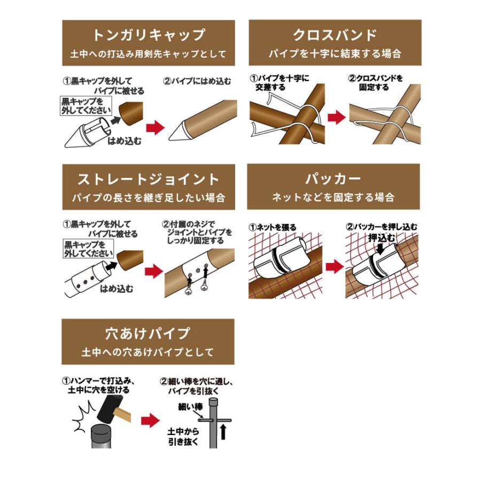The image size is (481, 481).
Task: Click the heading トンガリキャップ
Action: tap(149, 35)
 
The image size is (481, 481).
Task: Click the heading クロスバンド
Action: tap(335, 35)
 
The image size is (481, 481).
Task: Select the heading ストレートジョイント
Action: tap(149, 179)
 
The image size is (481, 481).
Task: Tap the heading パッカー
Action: tap(333, 179)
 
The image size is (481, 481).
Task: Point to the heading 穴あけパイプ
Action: tap(148, 333)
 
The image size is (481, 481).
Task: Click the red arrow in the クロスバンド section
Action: tap(336, 118)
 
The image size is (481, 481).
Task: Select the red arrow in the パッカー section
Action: tap(335, 266)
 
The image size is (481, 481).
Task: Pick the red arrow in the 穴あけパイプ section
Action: tap(151, 420)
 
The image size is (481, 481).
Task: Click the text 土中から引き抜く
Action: tap(183, 437)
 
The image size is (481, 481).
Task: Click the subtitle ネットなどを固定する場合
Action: tap(333, 198)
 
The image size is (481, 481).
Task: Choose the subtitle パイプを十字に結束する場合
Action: tap(335, 54)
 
